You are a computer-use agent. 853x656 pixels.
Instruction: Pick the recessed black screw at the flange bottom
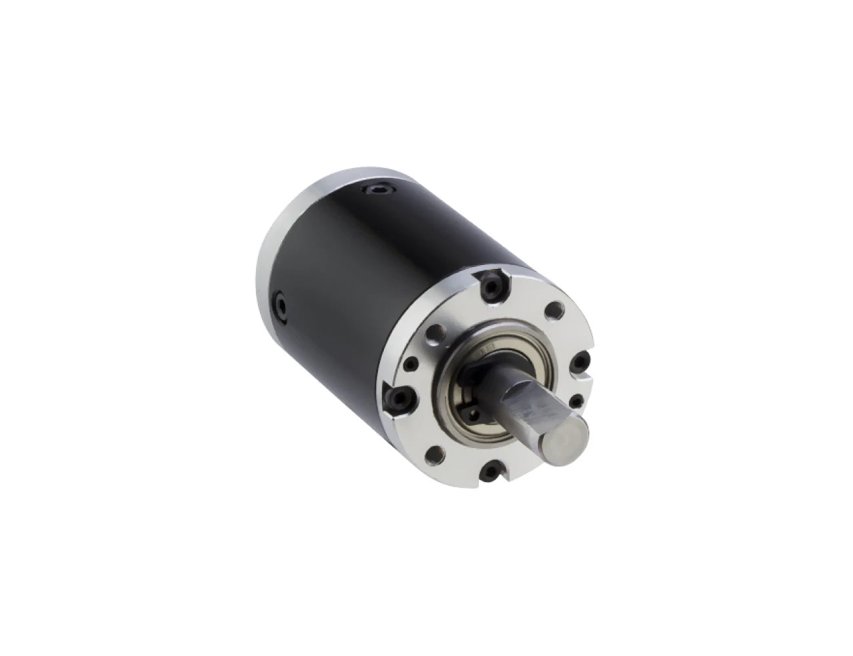pyautogui.click(x=494, y=467)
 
